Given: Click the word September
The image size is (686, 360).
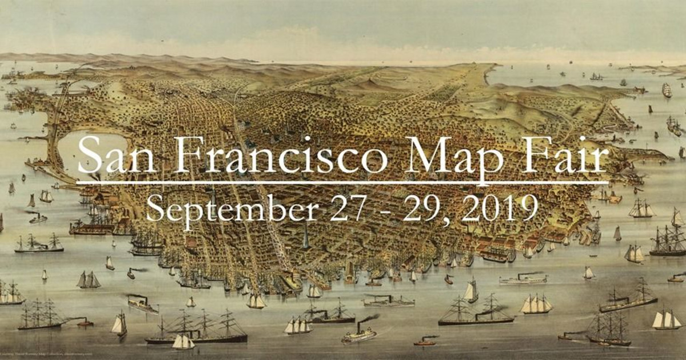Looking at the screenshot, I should click(x=232, y=209).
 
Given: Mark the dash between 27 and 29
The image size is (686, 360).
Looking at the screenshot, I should click(x=384, y=210).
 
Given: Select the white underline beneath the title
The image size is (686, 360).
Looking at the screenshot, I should click(x=343, y=183).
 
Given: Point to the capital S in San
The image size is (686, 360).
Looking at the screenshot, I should click(x=89, y=155).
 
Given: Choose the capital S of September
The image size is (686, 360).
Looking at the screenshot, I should click(x=154, y=208).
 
